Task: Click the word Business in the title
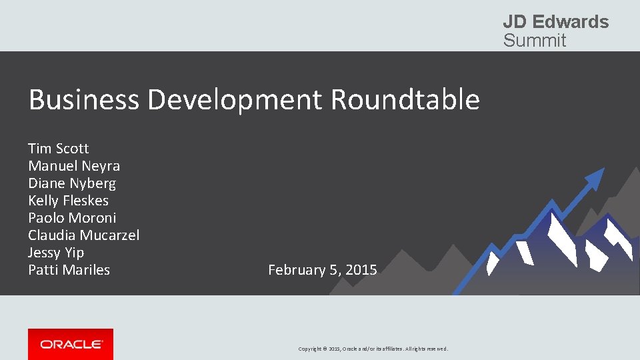point(84,100)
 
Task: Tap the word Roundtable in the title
point(405,100)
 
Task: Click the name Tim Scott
point(58,148)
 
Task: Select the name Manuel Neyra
point(74,165)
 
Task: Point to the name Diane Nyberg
point(72,183)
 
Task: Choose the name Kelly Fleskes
point(68,200)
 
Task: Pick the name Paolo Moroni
point(72,217)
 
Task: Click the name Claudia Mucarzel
point(83,235)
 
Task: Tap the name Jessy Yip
point(56,252)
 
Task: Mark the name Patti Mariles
point(69,269)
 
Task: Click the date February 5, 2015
point(322,270)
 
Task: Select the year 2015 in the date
point(361,270)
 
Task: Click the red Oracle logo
point(71,344)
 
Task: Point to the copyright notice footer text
point(373,349)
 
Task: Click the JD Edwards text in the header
point(555,22)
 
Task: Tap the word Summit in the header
point(534,41)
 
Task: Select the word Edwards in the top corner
point(571,22)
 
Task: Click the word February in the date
point(294,270)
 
